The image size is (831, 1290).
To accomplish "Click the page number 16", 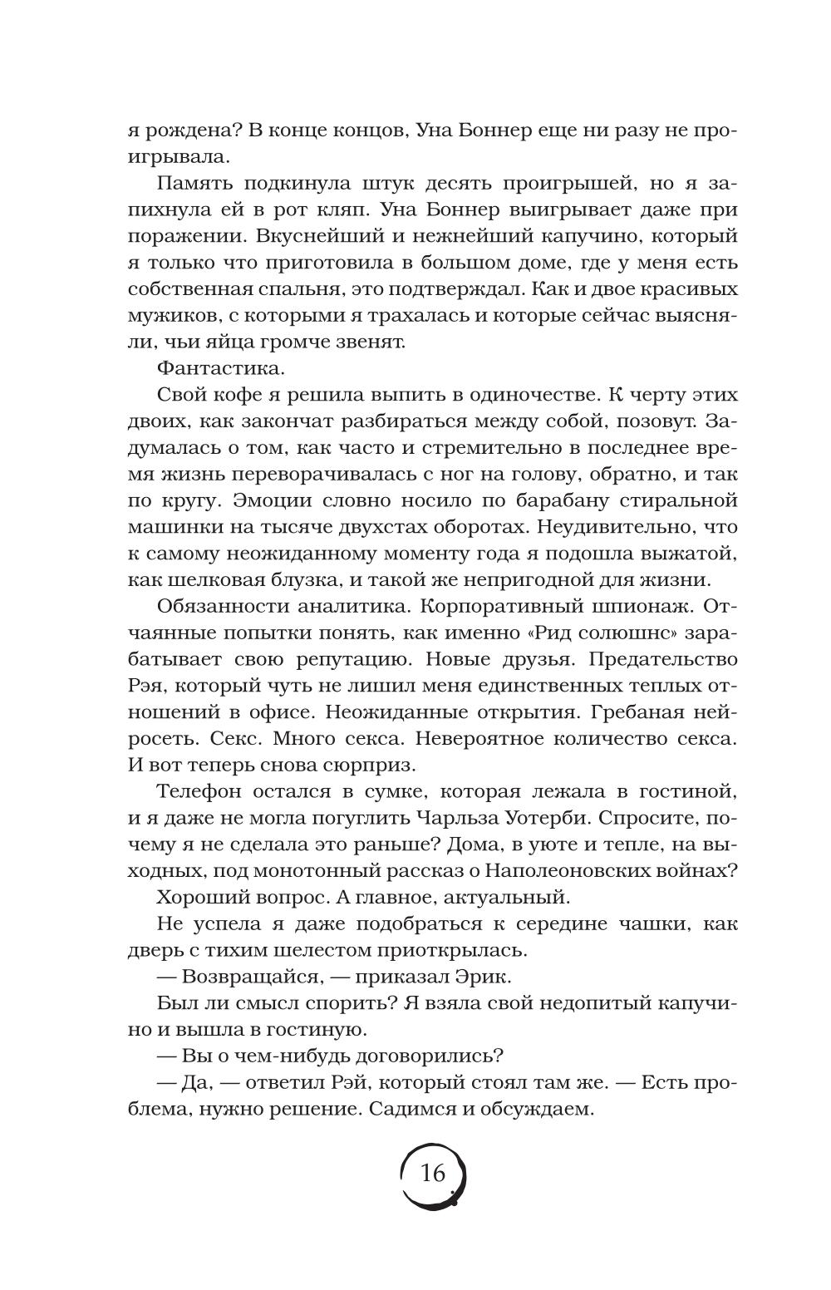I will [x=433, y=1173].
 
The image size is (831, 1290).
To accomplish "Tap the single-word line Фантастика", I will [x=208, y=367].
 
